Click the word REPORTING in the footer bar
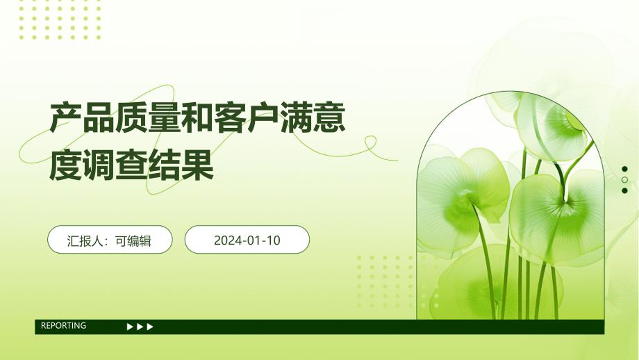(63, 325)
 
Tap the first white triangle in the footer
(130, 326)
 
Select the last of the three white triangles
(151, 326)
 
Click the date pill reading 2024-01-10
(247, 240)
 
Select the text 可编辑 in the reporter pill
(133, 240)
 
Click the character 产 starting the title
(65, 119)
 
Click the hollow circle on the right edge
(624, 180)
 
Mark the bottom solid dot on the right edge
(624, 190)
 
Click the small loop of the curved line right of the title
(370, 142)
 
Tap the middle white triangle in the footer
(140, 326)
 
